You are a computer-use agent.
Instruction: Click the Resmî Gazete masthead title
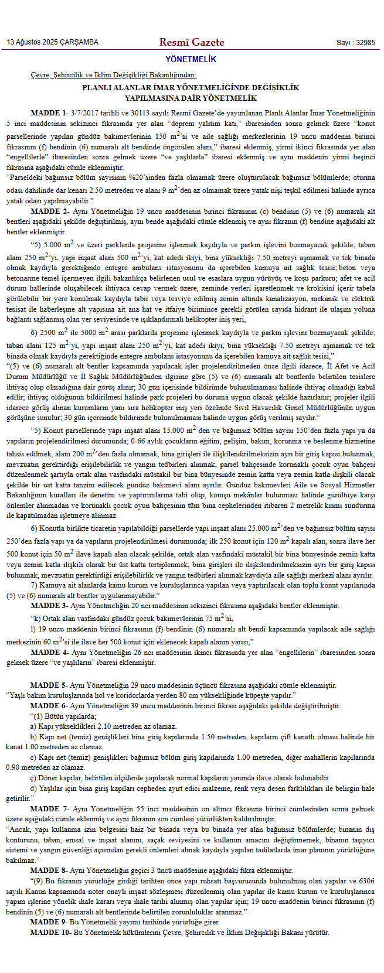(x=192, y=42)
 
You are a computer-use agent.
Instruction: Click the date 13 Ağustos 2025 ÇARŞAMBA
(x=53, y=43)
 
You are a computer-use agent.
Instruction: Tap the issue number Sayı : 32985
(x=355, y=43)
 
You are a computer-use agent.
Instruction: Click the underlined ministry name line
(x=114, y=76)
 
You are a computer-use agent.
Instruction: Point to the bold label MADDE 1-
(x=49, y=112)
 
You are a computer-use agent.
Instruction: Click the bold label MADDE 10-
(x=52, y=932)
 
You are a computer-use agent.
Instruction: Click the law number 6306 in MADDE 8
(x=366, y=881)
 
